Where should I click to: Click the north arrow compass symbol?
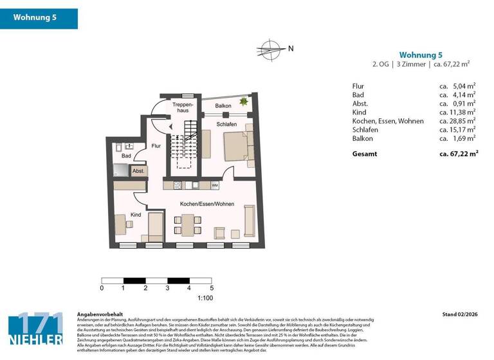270,48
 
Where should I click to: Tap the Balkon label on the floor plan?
223,105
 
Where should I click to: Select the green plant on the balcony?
244,101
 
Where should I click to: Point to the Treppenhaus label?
183,107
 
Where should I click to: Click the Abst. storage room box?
138,171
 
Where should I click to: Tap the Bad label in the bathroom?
127,156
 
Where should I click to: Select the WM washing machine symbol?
214,185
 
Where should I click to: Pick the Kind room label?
136,215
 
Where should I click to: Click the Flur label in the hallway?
156,146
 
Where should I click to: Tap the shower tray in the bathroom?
120,170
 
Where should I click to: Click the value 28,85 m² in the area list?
457,120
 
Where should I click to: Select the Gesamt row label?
365,154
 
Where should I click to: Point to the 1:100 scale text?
205,298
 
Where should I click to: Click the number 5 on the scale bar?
212,289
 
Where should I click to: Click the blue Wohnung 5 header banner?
39,18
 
